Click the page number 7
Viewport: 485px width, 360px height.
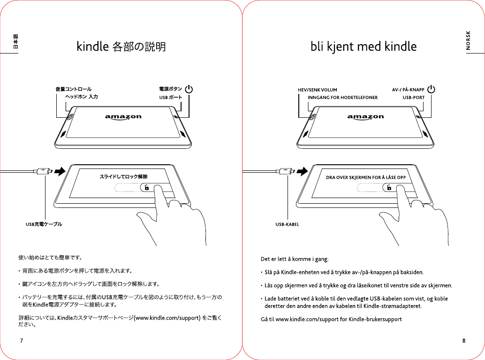(x=22, y=340)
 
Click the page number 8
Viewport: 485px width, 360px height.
(x=463, y=340)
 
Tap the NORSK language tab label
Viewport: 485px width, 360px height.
(x=468, y=40)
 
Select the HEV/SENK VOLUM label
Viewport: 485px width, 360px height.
(x=318, y=90)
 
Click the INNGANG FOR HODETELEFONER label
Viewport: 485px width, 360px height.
(x=342, y=98)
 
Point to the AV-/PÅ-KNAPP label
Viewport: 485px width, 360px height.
(x=408, y=90)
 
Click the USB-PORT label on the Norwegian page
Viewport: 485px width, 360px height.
(x=414, y=98)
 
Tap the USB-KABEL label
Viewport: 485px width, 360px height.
(x=287, y=224)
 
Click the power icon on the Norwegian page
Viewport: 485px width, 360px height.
(x=431, y=89)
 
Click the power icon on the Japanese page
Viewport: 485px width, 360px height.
(x=189, y=89)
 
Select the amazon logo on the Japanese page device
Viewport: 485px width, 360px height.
(x=123, y=117)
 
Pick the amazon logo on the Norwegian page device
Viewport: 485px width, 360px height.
(x=365, y=117)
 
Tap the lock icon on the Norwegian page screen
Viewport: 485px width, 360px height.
(x=389, y=187)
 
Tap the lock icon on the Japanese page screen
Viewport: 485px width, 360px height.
(x=147, y=187)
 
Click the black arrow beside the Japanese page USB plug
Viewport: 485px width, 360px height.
(x=60, y=171)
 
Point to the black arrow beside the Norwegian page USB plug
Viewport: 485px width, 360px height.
(x=302, y=171)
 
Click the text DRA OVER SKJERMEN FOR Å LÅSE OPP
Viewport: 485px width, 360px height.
(x=365, y=177)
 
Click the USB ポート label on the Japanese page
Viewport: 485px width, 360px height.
(x=170, y=97)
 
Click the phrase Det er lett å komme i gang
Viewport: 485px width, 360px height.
(x=295, y=259)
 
